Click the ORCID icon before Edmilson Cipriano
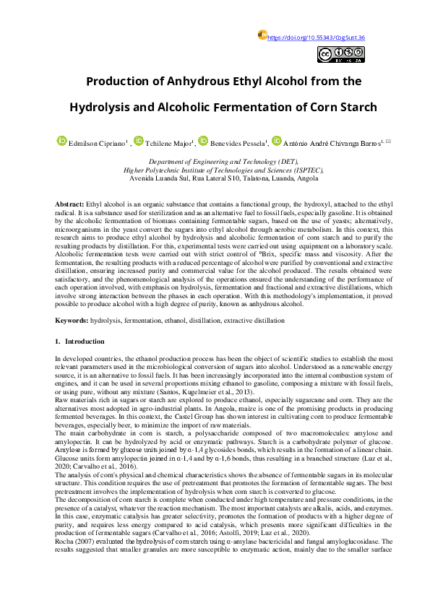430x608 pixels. pos(62,142)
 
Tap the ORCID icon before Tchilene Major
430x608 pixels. pos(139,142)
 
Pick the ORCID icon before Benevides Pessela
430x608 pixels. pos(204,142)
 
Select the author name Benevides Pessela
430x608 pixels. pos(238,143)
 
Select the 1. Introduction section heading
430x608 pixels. pos(79,341)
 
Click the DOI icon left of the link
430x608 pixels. pos(263,35)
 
